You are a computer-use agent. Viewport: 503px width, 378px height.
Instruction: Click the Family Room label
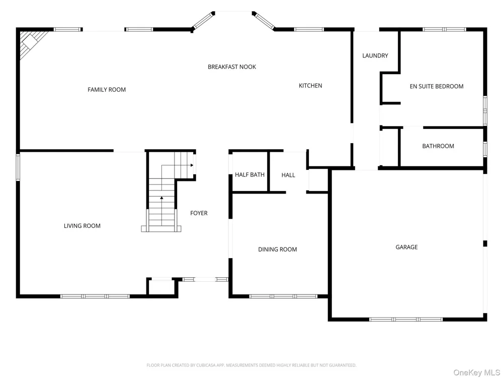click(107, 90)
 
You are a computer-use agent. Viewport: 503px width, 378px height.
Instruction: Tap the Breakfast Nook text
click(231, 67)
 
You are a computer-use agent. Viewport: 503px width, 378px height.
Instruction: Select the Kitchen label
click(310, 86)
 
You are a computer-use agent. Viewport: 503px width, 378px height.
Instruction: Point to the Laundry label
click(375, 55)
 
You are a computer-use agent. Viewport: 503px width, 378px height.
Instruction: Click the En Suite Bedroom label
click(436, 86)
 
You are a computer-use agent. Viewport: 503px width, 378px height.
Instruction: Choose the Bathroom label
click(438, 146)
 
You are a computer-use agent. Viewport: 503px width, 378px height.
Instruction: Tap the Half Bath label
click(249, 174)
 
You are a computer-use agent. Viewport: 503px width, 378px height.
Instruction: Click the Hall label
click(288, 175)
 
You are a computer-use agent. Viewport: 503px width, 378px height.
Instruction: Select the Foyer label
click(199, 213)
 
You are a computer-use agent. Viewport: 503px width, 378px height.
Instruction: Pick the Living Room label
click(82, 226)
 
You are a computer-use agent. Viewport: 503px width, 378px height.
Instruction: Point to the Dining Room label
click(278, 249)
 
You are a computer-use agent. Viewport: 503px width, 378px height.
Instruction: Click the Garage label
click(406, 247)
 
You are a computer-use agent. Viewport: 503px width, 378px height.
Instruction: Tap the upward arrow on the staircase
click(161, 211)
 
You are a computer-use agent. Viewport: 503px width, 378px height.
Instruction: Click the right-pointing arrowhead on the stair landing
click(192, 165)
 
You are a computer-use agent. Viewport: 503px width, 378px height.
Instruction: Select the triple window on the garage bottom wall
click(406, 320)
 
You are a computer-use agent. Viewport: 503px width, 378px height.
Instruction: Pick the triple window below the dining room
click(283, 296)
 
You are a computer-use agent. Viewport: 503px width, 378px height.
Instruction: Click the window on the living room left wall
click(18, 167)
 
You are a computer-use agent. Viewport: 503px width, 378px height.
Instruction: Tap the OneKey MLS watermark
click(476, 372)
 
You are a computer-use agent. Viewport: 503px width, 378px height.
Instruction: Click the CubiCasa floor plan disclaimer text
click(251, 365)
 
